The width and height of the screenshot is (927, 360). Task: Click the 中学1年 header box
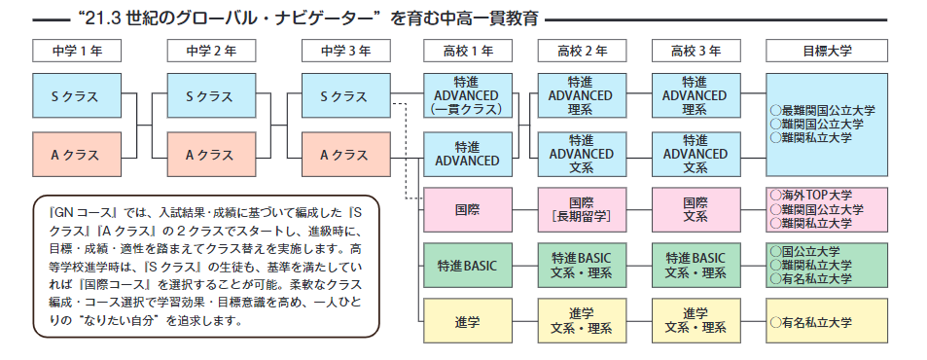(77, 51)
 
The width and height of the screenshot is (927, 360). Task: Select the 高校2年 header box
(583, 51)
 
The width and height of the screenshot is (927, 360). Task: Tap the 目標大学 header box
(827, 51)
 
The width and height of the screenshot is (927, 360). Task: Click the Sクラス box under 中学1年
(77, 95)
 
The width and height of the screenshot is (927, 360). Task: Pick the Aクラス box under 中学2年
(212, 155)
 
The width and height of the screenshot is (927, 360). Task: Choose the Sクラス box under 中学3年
(346, 95)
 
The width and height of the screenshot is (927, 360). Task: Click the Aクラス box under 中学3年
(346, 155)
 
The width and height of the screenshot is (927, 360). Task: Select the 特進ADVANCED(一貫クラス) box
(468, 95)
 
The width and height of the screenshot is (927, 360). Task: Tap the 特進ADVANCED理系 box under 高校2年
(583, 95)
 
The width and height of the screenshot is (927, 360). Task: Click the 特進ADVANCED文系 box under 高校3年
(696, 155)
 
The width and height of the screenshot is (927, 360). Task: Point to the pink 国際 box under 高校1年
(468, 210)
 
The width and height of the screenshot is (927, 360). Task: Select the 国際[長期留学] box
(583, 210)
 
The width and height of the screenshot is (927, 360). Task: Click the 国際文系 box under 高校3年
(696, 210)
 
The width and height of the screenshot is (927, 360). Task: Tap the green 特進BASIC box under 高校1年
(468, 266)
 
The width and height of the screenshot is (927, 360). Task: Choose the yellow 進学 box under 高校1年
(468, 321)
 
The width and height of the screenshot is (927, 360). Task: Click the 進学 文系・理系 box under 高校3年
(696, 321)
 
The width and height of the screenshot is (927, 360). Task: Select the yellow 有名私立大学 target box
(827, 321)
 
